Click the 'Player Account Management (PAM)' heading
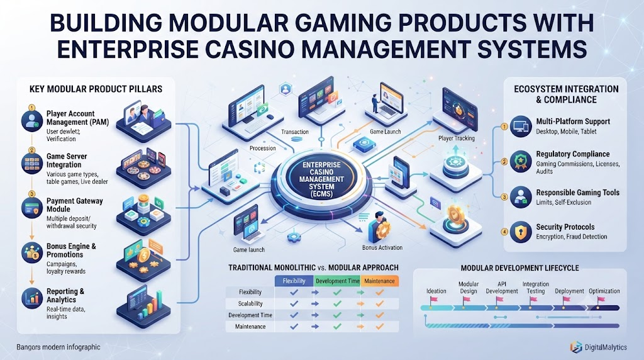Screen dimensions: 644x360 click(77, 118)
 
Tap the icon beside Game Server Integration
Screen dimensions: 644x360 click(32, 163)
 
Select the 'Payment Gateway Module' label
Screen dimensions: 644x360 click(74, 205)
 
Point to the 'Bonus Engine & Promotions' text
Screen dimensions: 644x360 click(71, 250)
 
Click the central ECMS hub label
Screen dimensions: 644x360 click(321, 179)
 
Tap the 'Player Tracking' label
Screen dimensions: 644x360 click(457, 138)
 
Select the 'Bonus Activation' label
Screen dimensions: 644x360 click(382, 248)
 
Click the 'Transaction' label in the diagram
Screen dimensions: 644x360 click(295, 132)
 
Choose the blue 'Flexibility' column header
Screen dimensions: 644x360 click(294, 281)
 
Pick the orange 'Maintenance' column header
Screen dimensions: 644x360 click(379, 281)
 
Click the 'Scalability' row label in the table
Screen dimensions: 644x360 click(250, 304)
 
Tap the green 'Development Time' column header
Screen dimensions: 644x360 click(337, 281)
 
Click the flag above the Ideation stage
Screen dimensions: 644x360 click(433, 300)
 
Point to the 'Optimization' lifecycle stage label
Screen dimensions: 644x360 click(604, 291)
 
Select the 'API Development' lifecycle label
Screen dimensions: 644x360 click(501, 288)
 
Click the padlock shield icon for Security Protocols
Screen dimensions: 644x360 click(521, 232)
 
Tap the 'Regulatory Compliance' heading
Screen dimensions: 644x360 click(572, 154)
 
